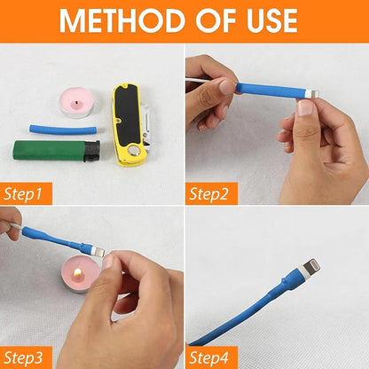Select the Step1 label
pos(27,192)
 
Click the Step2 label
pos(213,192)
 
